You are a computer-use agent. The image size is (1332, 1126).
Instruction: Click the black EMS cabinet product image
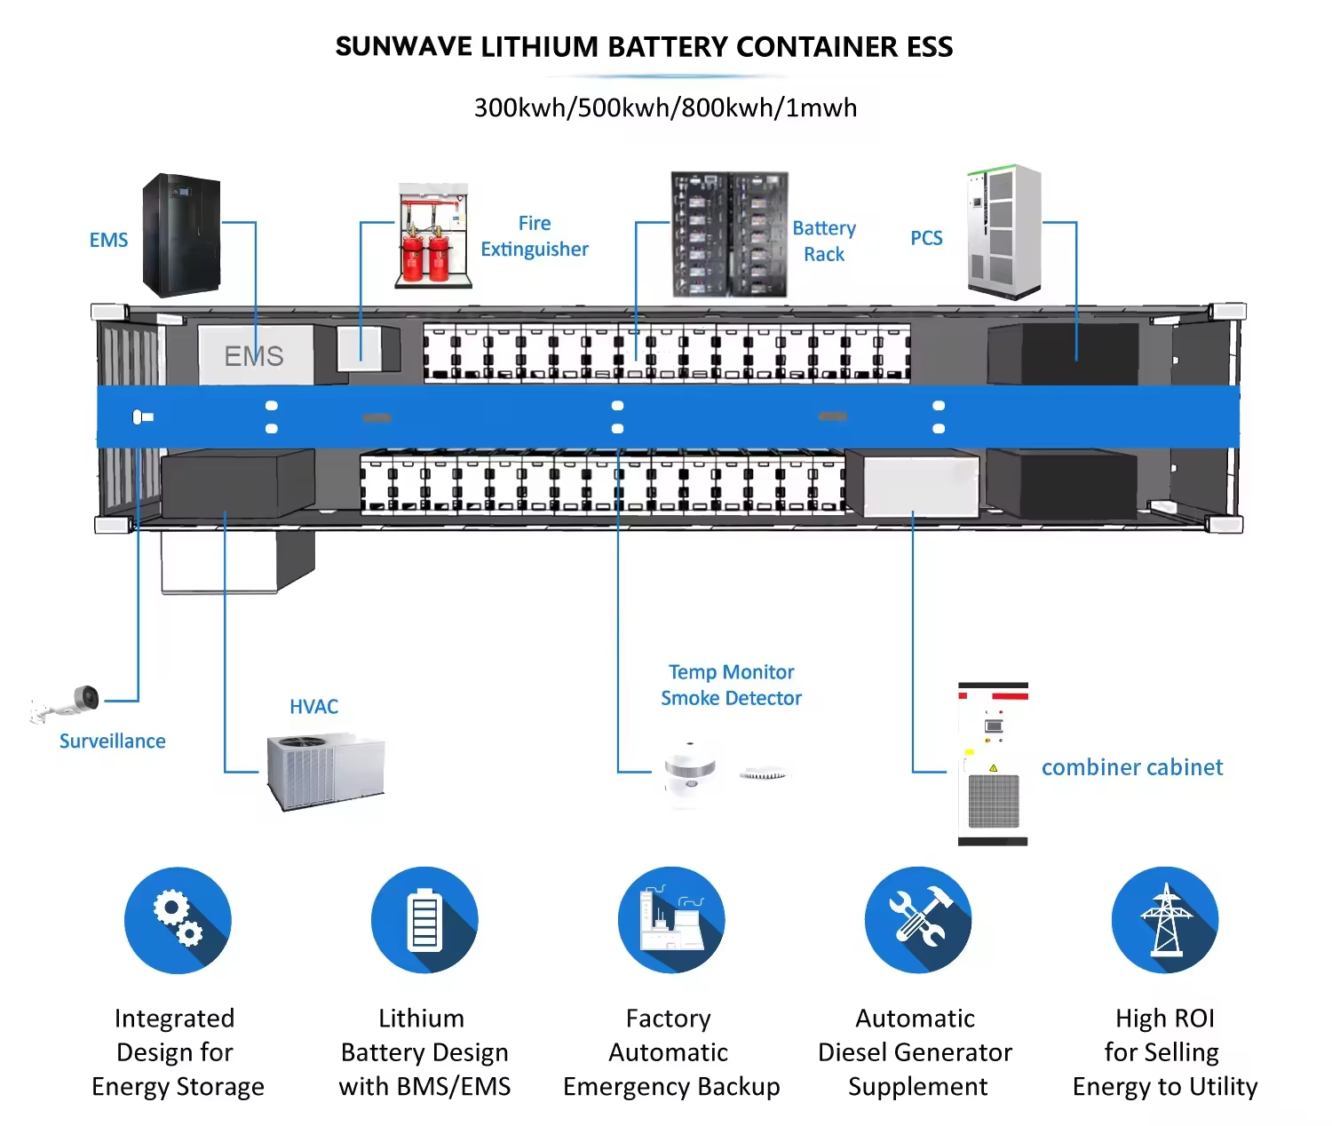181,234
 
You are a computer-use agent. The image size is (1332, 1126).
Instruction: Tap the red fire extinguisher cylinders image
433,236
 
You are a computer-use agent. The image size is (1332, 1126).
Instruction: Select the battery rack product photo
729,234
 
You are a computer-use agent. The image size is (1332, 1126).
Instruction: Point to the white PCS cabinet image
1004,232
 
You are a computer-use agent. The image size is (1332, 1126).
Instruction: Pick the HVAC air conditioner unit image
326,771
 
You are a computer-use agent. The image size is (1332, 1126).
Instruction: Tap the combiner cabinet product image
993,764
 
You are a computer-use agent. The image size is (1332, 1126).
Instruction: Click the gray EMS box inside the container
255,355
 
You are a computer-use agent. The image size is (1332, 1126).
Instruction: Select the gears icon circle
178,920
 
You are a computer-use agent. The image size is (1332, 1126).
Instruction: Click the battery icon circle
424,920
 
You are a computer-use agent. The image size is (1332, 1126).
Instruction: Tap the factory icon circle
671,920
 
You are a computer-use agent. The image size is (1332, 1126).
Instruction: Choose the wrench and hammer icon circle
918,920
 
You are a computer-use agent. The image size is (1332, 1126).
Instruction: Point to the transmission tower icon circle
1165,920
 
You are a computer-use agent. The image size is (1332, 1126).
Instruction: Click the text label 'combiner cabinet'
1132,767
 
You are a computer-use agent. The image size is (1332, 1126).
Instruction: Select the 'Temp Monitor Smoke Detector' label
732,686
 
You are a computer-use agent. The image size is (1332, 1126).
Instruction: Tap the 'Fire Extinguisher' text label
535,236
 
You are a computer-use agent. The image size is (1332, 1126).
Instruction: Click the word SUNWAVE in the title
404,47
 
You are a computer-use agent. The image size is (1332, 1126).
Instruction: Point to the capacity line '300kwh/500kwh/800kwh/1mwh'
666,107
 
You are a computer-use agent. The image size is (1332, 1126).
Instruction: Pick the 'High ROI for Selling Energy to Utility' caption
1165,1052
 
